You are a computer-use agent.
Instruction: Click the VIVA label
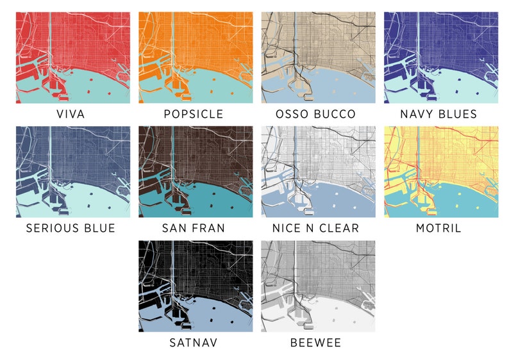71,115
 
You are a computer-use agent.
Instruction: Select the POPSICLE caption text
194,115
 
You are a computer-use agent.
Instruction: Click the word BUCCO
336,115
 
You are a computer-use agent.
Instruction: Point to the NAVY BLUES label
439,115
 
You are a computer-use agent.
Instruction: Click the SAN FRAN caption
194,229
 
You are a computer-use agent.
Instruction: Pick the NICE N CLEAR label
315,229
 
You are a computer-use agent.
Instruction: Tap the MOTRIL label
439,229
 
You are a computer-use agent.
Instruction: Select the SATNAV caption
194,343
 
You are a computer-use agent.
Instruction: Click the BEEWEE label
315,343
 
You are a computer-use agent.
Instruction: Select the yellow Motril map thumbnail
441,172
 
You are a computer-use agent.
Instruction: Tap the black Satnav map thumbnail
196,286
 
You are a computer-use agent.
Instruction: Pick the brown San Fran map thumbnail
196,172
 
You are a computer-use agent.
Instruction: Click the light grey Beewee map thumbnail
318,286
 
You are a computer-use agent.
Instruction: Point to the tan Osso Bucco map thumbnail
318,58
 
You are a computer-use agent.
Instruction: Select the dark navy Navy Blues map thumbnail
441,58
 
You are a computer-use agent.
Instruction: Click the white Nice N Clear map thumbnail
318,172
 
